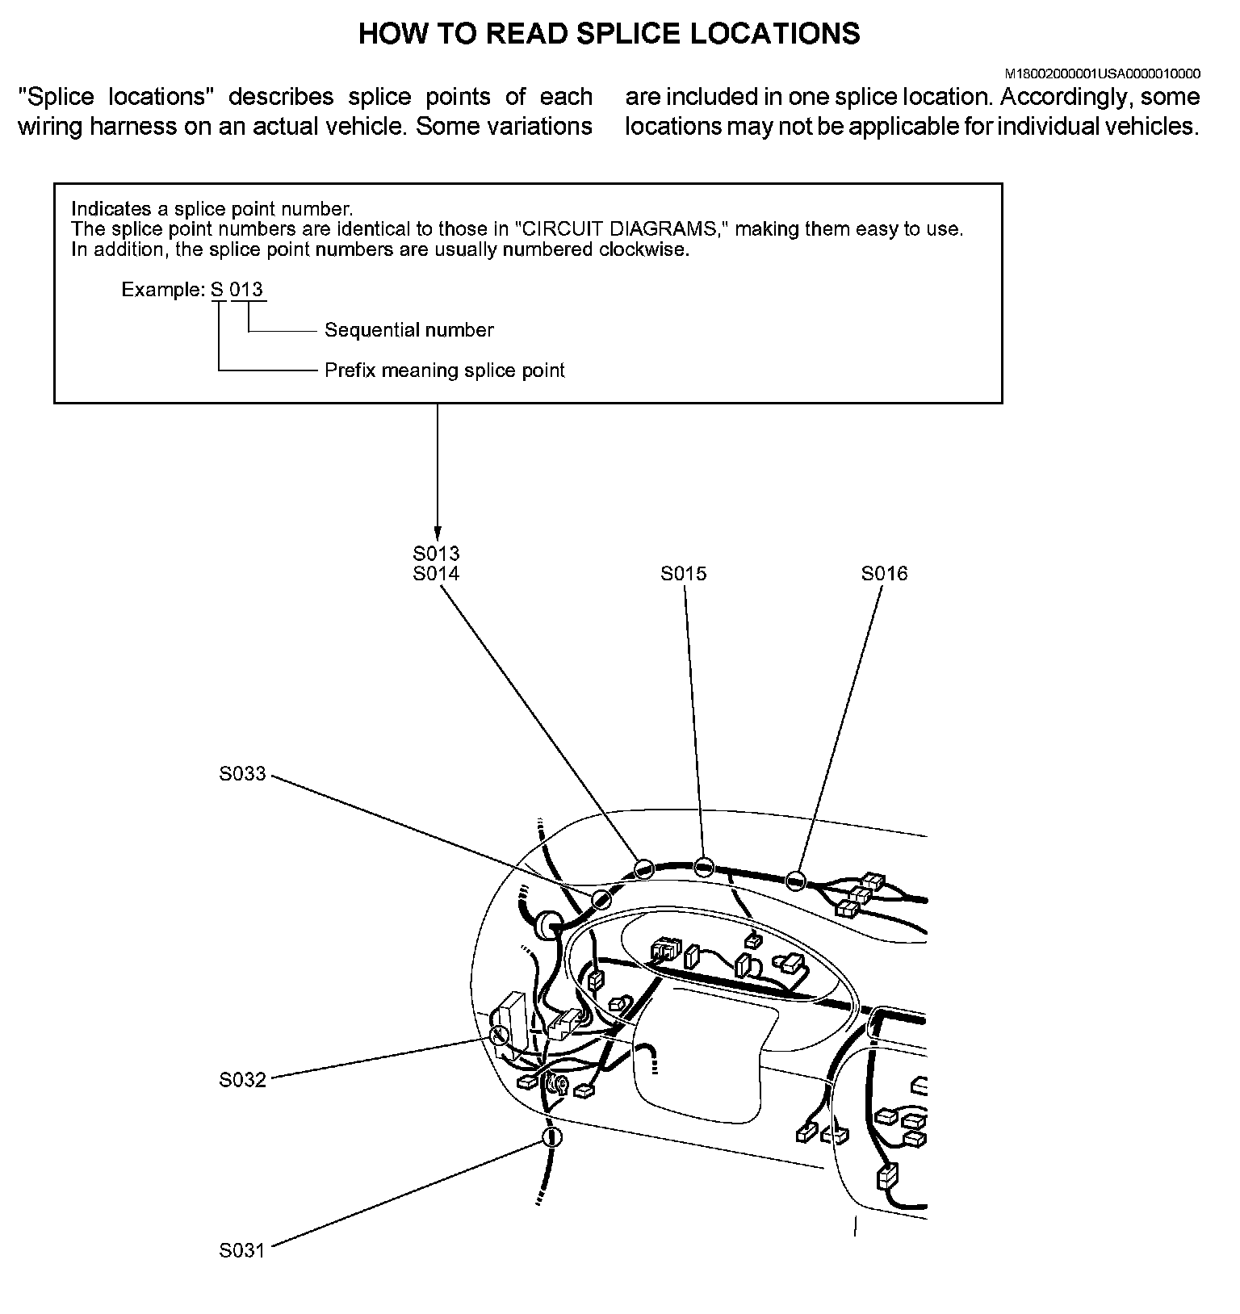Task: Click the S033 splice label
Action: click(x=242, y=774)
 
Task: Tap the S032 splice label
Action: click(x=242, y=1080)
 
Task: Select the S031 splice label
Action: click(x=242, y=1250)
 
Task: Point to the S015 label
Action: click(x=683, y=574)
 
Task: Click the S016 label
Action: click(x=884, y=574)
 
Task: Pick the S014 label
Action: click(x=436, y=574)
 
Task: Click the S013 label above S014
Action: click(x=436, y=554)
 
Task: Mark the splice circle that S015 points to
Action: click(x=704, y=867)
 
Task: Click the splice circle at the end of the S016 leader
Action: click(x=796, y=881)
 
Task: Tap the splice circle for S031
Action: click(x=551, y=1137)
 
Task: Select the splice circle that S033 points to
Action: click(x=601, y=899)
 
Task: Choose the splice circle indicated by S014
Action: click(x=643, y=868)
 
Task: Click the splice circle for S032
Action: click(x=499, y=1035)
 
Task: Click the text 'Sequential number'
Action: click(x=408, y=330)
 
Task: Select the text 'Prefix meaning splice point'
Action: click(x=444, y=370)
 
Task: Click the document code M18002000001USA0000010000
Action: click(x=1102, y=73)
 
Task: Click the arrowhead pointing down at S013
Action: click(x=437, y=534)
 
